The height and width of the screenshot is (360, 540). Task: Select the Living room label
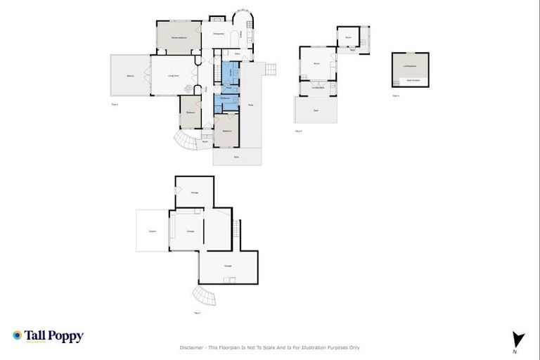point(172,75)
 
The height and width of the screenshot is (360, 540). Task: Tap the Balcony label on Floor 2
point(130,75)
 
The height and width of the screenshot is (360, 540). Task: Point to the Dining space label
point(218,34)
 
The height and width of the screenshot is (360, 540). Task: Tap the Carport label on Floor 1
point(152,231)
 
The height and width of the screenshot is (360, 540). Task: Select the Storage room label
point(194,192)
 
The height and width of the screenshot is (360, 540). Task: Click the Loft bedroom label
point(409,67)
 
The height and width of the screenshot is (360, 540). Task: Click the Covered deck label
point(318,87)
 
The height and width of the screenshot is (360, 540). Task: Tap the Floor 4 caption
point(396,95)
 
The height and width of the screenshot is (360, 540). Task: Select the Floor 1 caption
point(197,313)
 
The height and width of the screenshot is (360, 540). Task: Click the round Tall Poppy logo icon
point(17,336)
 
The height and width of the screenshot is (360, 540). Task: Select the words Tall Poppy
point(53,336)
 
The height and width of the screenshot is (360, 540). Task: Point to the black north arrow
point(518,338)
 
